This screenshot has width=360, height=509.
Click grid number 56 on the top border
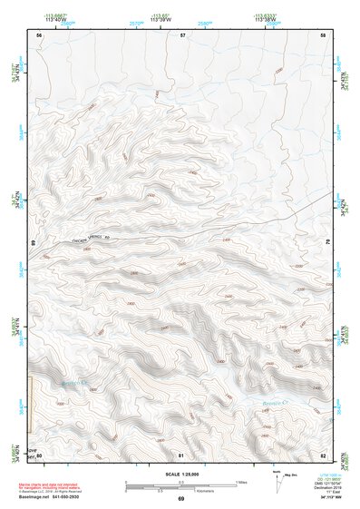click(x=39, y=34)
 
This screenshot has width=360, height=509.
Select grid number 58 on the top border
click(x=324, y=34)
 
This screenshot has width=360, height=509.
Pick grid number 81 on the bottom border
click(x=181, y=454)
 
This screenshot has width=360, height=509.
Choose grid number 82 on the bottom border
click(x=324, y=454)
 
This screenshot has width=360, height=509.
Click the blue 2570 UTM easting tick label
click(x=137, y=24)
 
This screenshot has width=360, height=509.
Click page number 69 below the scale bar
click(x=180, y=498)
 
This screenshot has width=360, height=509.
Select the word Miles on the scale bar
click(x=244, y=481)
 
